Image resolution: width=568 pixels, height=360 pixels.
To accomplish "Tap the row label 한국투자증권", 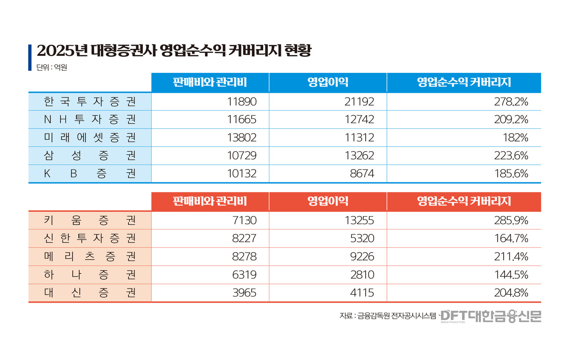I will coord(90,102).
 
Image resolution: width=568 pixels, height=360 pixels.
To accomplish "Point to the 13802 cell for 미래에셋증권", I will coord(241,138).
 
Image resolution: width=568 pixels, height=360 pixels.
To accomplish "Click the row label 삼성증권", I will coord(90,156).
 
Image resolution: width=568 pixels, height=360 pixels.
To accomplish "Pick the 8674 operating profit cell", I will coord(362,174).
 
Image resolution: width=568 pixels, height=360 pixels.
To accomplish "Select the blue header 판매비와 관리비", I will coord(210,82).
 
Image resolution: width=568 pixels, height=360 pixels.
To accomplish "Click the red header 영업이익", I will coord(327,201).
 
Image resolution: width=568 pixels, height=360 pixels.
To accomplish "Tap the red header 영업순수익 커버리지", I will coord(464,201).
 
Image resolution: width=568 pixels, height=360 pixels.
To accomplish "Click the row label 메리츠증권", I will coord(90,257).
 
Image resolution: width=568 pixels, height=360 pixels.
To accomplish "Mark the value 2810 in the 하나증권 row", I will coord(362,275).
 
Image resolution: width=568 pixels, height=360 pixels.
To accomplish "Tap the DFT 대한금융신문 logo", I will coord(491,316).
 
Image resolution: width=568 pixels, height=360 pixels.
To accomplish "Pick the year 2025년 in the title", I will coord(62,51).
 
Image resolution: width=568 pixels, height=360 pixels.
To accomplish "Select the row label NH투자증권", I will coord(90,120).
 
